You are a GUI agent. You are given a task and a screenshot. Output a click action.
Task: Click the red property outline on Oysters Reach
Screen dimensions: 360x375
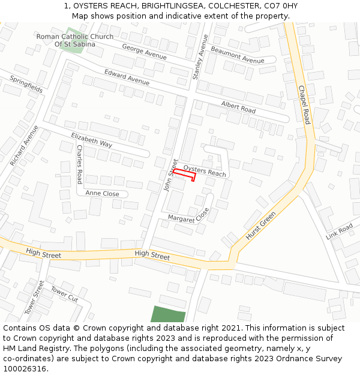184,175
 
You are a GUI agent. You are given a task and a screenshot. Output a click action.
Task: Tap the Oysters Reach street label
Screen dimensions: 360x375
205,171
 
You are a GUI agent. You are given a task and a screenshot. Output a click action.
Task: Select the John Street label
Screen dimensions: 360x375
170,175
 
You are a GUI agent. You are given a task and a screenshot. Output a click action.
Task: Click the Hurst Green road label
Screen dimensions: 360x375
260,226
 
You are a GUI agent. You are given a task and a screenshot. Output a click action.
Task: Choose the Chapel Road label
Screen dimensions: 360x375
304,104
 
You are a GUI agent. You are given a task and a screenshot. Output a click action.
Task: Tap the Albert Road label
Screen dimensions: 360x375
238,107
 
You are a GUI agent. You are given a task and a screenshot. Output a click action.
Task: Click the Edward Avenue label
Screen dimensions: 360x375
127,77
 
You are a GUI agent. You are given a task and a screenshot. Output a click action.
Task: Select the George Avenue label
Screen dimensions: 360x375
144,51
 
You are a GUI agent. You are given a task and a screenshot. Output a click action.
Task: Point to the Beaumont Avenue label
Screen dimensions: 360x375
237,55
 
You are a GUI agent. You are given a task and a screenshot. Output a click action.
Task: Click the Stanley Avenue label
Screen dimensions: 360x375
199,57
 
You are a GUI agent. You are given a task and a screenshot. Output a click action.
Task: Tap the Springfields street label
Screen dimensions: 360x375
26,83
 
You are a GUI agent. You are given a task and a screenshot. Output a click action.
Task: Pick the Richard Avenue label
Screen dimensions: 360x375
24,145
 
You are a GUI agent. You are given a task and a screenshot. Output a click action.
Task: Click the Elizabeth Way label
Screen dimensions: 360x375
92,140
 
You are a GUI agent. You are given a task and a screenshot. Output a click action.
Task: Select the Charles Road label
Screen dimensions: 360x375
79,164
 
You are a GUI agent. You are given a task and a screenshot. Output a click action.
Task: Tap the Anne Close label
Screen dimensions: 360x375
102,193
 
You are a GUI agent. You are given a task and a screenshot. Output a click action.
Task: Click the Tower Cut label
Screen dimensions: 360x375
64,295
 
